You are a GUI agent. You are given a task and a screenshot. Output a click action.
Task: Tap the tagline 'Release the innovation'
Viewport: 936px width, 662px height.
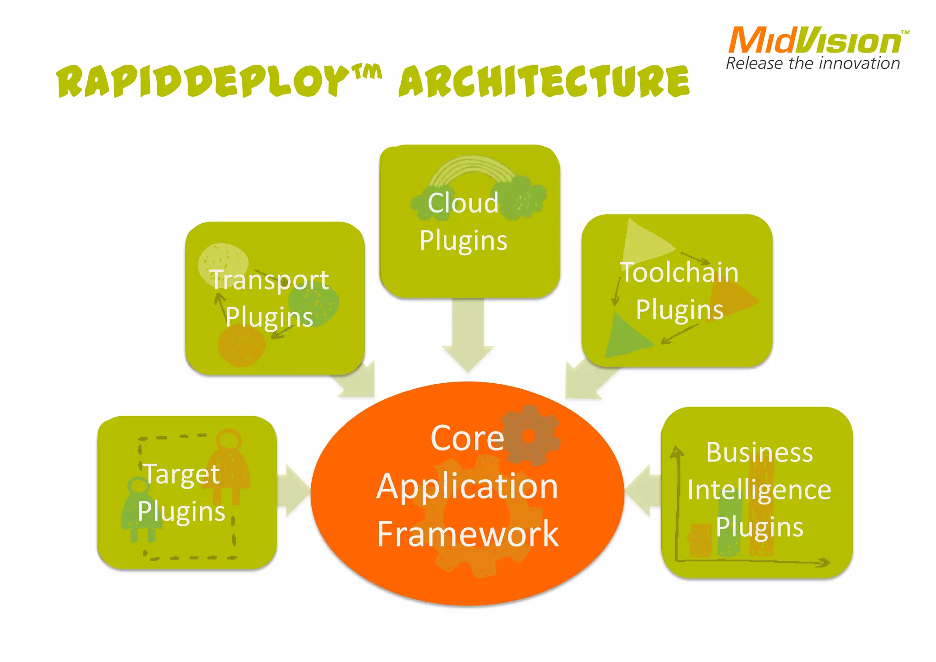point(813,64)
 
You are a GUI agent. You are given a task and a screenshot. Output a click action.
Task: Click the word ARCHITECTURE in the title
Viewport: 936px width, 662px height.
point(544,81)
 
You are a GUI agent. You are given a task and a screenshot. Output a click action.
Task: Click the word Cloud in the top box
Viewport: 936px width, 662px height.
point(463,203)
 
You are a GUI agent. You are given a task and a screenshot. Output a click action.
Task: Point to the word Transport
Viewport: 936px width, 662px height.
point(269,280)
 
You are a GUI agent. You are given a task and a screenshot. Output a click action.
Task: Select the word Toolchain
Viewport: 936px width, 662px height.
point(679,273)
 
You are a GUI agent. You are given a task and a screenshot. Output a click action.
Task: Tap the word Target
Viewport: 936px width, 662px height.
point(182,474)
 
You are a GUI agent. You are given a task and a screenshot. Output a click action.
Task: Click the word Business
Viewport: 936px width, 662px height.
point(759,452)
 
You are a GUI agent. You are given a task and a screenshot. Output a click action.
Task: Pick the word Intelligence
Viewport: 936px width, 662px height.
point(759,490)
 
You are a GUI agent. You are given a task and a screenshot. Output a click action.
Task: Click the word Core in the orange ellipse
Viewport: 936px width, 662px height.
point(467,438)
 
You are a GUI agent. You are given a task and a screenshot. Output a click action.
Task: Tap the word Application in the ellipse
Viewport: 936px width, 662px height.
point(467,486)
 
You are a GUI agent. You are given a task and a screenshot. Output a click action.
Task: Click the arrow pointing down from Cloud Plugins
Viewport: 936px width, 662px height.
point(468,338)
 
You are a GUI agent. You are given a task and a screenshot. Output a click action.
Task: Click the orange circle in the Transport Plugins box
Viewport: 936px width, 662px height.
point(241,345)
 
